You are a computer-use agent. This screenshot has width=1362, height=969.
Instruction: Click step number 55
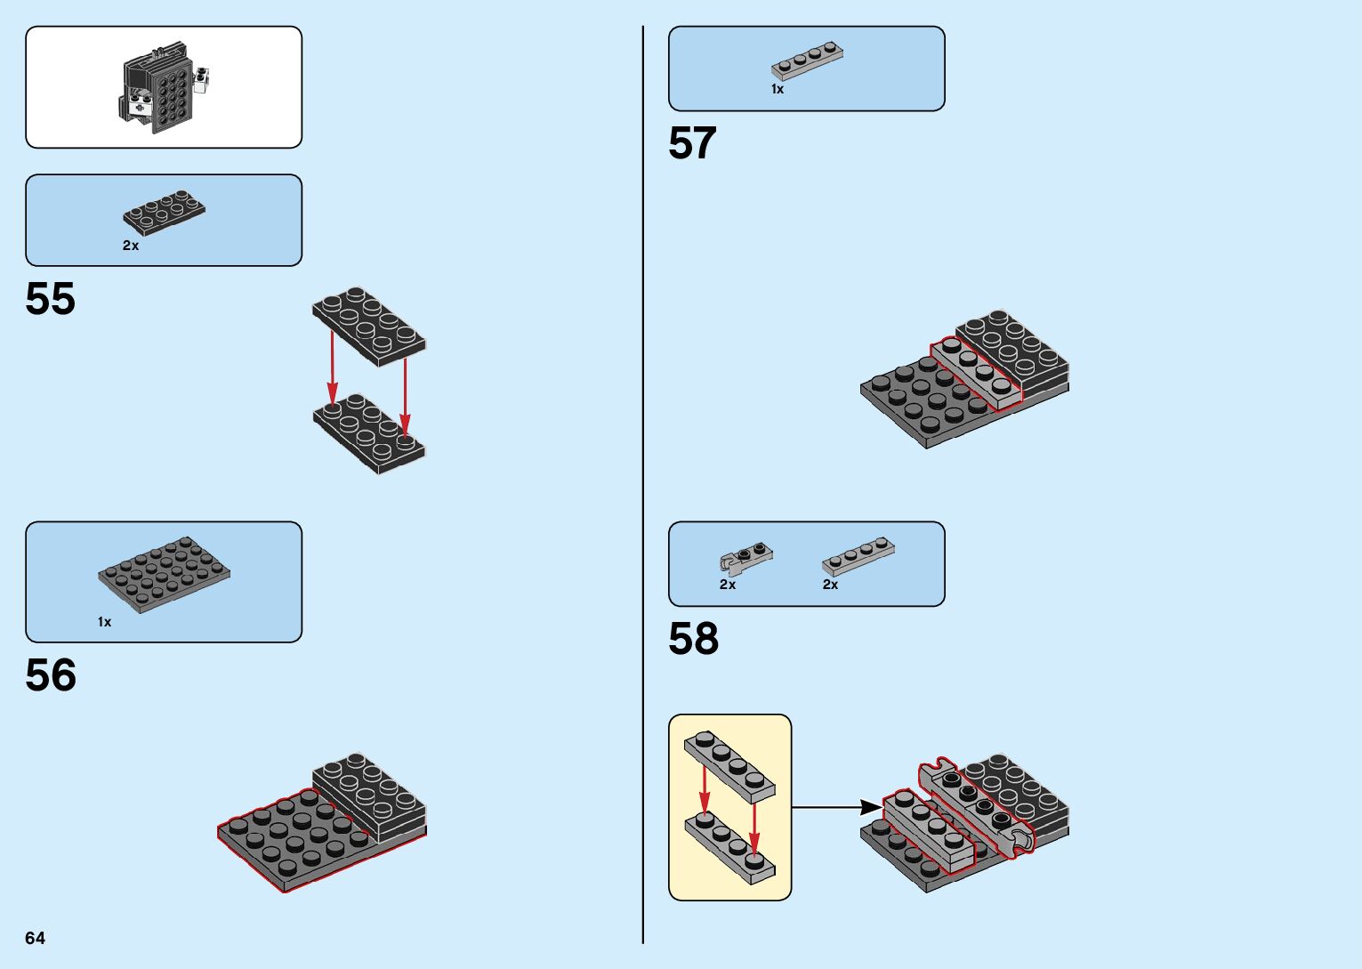51,299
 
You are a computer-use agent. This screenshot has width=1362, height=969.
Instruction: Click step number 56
51,675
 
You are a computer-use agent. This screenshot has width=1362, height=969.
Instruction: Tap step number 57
692,143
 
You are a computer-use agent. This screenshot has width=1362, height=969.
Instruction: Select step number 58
693,639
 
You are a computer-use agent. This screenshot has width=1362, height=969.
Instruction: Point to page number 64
35,938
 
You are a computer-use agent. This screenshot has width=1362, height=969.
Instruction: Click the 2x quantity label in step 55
131,246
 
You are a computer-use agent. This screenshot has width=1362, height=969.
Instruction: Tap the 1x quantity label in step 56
105,622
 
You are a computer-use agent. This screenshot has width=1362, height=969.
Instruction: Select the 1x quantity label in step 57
778,89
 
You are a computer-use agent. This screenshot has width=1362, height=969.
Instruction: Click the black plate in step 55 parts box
164,213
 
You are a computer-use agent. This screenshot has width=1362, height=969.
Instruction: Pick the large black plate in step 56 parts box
164,573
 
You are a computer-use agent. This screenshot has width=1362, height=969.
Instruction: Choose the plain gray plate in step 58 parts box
858,556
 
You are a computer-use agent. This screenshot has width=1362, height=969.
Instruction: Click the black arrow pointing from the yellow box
835,807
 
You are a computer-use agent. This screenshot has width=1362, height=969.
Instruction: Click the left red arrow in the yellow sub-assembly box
704,788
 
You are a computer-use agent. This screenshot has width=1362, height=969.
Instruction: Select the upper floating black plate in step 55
368,326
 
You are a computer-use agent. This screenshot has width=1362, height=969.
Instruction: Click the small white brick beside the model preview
206,82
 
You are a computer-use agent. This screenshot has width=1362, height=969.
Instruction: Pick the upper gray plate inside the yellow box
729,766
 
